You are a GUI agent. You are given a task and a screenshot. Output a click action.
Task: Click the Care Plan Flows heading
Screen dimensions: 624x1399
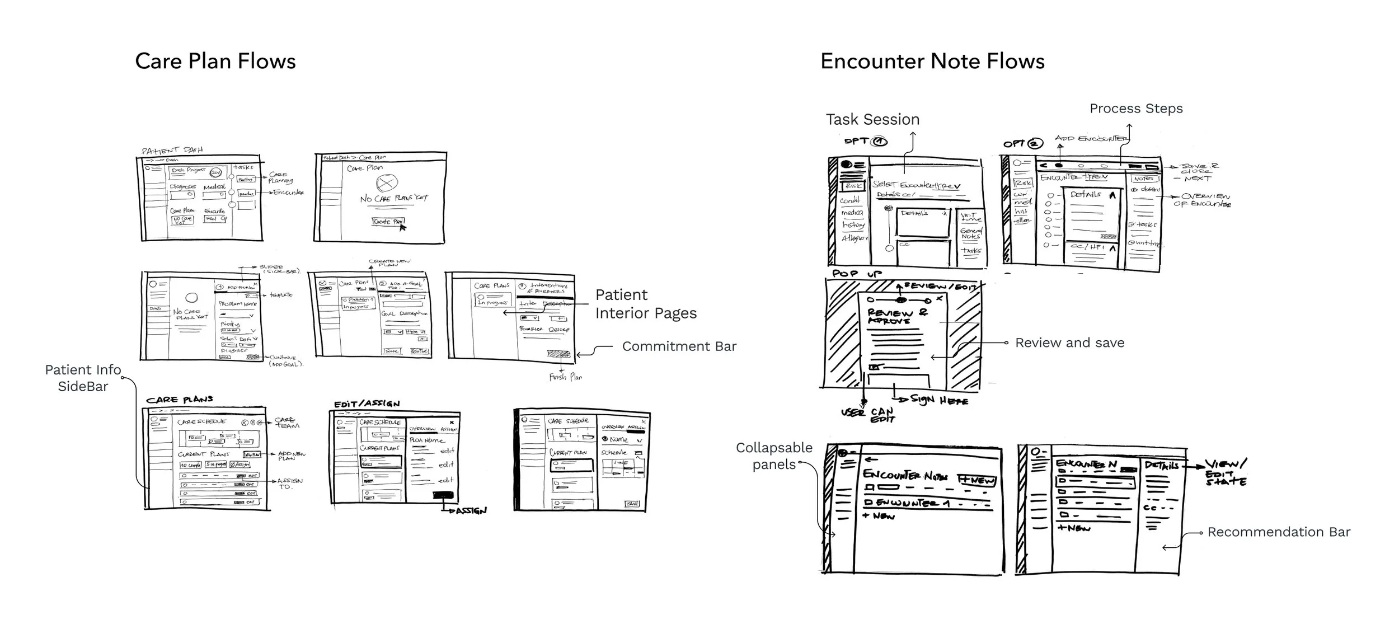pos(215,62)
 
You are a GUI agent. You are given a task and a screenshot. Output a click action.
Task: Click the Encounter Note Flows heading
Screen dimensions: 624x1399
pos(932,62)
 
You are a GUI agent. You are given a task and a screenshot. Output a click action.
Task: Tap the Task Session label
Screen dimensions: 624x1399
pos(872,119)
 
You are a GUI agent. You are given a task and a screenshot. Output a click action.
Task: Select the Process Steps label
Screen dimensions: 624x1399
pos(1136,109)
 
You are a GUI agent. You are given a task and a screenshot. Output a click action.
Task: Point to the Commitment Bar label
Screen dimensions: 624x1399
pos(679,346)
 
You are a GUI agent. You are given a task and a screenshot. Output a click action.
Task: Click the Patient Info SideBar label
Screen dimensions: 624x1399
pos(83,378)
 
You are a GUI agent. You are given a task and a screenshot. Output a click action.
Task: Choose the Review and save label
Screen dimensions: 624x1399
pos(1069,343)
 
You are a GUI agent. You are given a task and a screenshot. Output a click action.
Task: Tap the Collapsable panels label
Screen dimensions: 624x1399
pos(774,456)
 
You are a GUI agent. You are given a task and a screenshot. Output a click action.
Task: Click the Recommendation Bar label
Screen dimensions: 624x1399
pos(1279,532)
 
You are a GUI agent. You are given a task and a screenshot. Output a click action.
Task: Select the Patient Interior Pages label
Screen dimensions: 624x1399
pos(646,304)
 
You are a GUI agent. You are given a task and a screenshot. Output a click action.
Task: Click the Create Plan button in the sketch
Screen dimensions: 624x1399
pos(388,222)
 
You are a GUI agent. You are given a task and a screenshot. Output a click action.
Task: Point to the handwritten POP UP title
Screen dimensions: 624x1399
pos(857,274)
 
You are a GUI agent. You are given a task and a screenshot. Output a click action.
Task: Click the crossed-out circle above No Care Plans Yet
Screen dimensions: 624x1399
pos(387,182)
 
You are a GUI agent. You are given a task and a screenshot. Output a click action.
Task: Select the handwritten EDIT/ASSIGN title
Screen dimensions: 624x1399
pos(367,404)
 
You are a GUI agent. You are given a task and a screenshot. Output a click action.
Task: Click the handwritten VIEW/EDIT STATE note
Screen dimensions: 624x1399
pos(1226,472)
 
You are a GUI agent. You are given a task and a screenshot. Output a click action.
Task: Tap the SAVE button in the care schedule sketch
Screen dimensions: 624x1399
pos(632,504)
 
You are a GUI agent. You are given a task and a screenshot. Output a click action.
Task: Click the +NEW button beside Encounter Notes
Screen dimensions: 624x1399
pos(977,480)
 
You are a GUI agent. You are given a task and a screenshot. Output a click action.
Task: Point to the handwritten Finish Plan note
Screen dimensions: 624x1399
pos(565,377)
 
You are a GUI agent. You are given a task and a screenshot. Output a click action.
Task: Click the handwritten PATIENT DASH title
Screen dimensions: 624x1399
pos(172,150)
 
